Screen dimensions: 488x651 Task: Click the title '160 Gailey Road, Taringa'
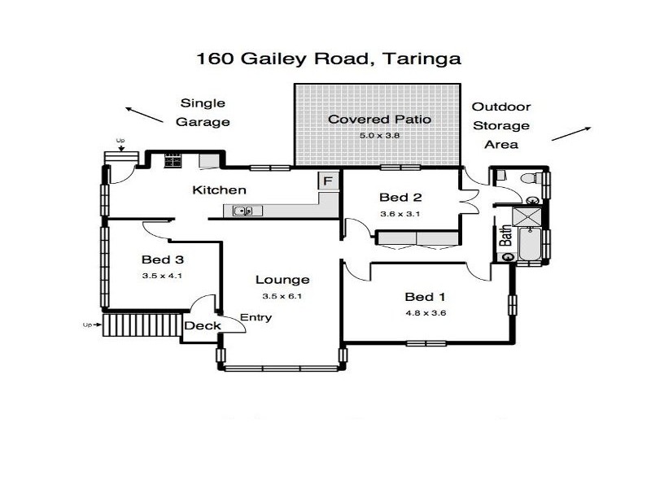(x=329, y=59)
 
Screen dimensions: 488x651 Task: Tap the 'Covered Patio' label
(x=379, y=120)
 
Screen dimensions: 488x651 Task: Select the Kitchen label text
(x=219, y=190)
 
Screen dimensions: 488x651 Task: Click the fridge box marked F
(x=329, y=181)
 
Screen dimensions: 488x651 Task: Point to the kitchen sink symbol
(x=243, y=211)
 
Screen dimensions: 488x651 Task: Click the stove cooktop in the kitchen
(x=173, y=160)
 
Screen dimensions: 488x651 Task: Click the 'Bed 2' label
(x=400, y=197)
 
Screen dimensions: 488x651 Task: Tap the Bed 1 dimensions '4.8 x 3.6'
(x=426, y=312)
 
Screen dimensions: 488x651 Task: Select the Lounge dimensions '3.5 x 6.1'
(x=282, y=296)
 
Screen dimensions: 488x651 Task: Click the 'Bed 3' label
(x=163, y=260)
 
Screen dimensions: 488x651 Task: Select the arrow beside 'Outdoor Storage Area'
(x=570, y=133)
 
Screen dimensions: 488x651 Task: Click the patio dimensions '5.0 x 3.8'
(x=379, y=136)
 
